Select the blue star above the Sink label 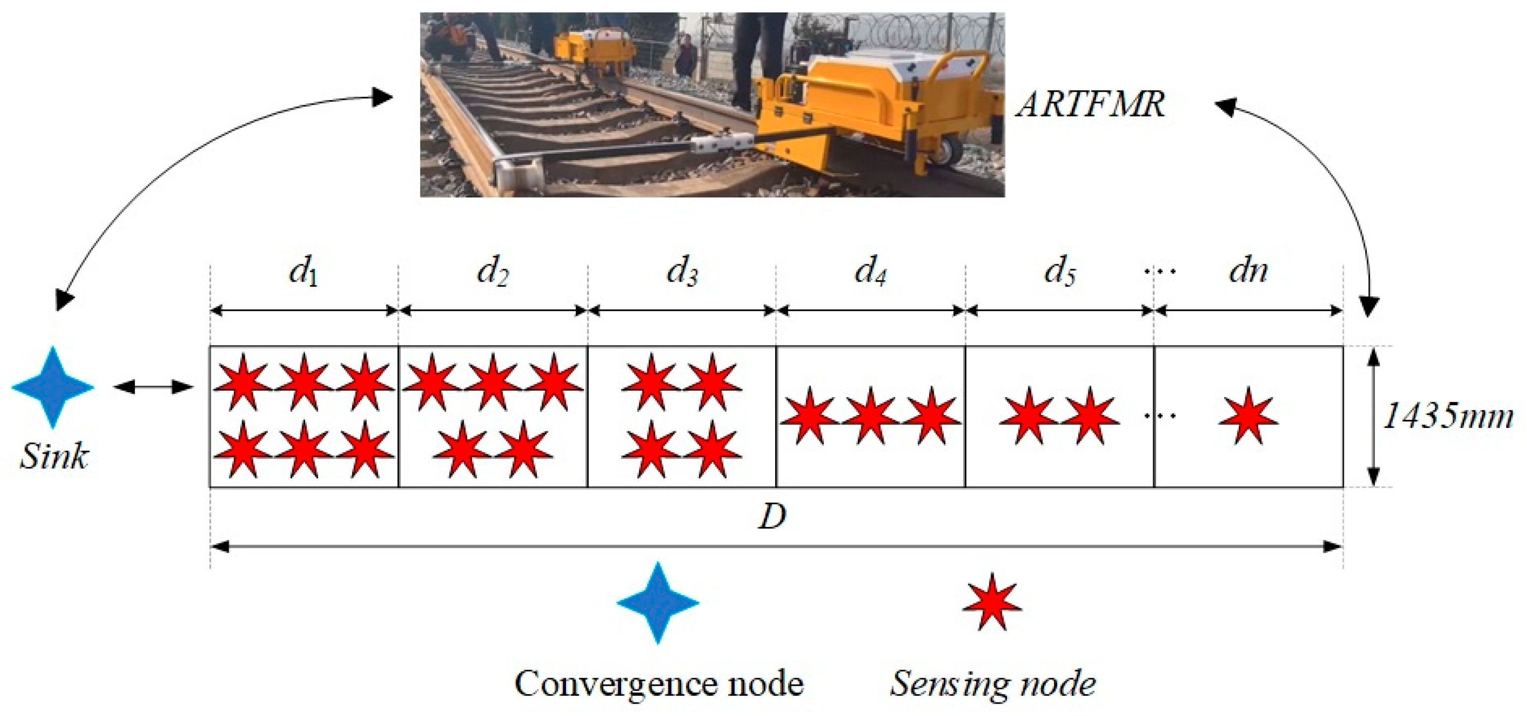click(x=53, y=387)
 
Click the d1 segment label click(x=304, y=273)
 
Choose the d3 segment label click(x=682, y=273)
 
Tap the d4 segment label click(x=870, y=273)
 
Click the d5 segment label click(x=1059, y=273)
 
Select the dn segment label click(x=1248, y=272)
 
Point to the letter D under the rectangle click(x=772, y=517)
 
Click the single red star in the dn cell click(x=1248, y=417)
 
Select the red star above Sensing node click(x=992, y=602)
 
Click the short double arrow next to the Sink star click(x=153, y=387)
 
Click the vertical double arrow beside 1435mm click(x=1373, y=417)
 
